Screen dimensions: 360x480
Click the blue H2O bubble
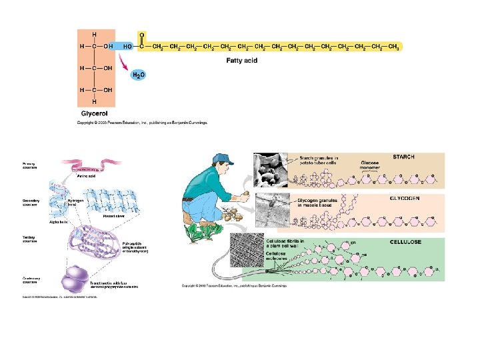pos(139,75)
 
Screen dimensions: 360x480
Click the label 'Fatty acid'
pos(242,59)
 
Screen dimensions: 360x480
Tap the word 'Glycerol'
pos(95,114)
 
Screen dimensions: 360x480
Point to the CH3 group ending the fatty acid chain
pos(393,47)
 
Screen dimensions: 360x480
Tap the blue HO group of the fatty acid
pos(126,47)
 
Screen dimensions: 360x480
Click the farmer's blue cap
pos(225,161)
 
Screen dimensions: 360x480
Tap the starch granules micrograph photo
pos(269,169)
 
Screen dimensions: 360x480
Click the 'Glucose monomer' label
pos(370,164)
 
